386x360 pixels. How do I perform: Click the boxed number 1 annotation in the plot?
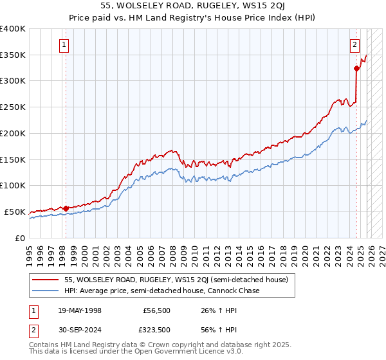pos(65,44)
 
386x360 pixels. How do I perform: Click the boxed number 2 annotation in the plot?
pos(354,44)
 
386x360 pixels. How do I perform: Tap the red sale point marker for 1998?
pos(66,208)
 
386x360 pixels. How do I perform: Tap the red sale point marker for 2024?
pos(356,67)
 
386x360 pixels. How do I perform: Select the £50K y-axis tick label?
pos(15,212)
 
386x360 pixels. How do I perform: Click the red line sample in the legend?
pos(46,280)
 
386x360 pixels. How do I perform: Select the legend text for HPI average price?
pos(161,291)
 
